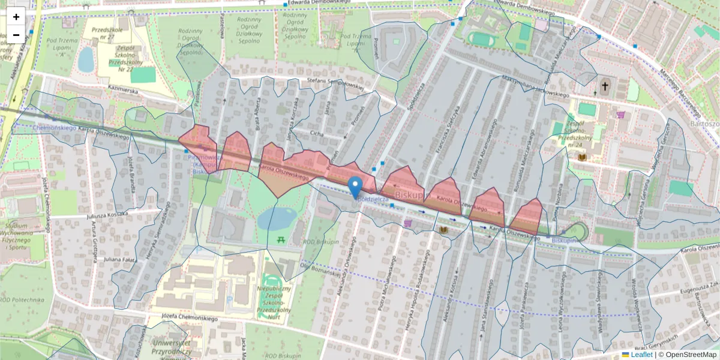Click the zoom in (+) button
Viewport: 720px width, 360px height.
click(16, 16)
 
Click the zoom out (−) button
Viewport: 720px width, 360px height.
click(16, 34)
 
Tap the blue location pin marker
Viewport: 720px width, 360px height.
click(356, 186)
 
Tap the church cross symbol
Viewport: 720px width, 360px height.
click(605, 86)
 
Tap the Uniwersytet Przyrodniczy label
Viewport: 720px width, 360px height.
click(172, 347)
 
